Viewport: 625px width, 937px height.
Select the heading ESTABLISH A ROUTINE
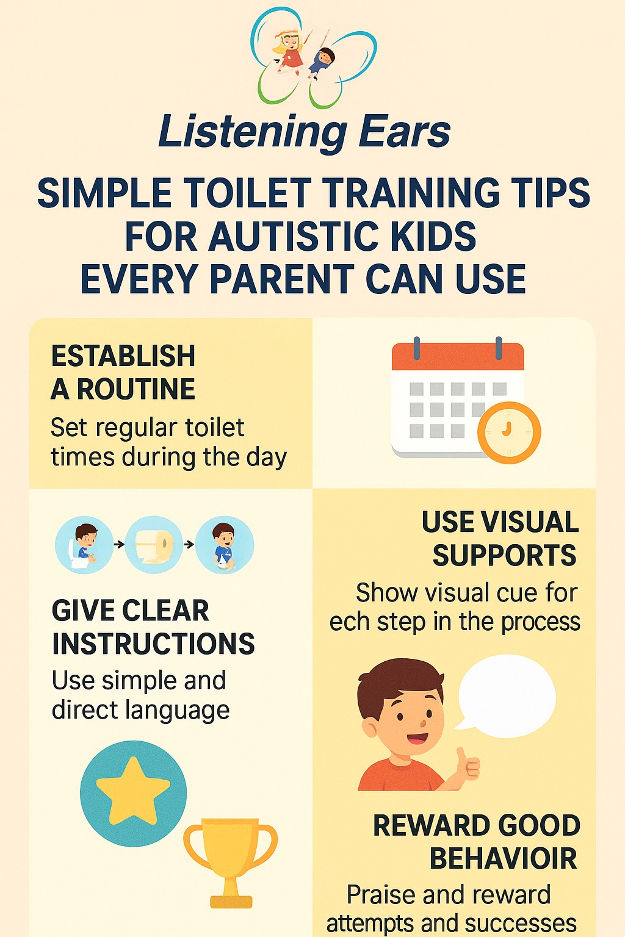tap(123, 373)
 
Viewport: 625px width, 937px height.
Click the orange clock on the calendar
tap(509, 433)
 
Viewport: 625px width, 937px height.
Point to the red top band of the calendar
tap(458, 356)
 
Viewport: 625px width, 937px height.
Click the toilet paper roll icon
tap(154, 545)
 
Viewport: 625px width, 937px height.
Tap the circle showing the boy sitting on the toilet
tap(84, 545)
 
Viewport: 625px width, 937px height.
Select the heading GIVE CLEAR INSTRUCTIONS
tap(153, 626)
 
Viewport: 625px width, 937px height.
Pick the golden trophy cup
tap(231, 863)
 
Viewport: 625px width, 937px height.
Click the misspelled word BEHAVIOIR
tap(504, 858)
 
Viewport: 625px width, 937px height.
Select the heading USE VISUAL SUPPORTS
tap(500, 539)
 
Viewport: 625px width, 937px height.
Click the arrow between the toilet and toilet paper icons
tap(119, 544)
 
